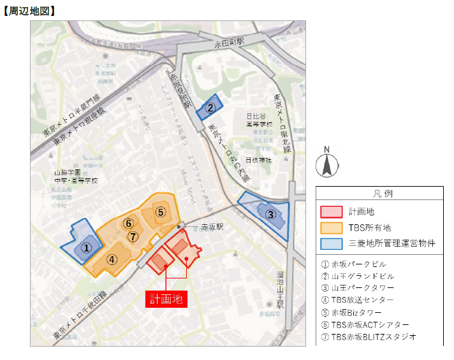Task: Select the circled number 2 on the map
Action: [210, 108]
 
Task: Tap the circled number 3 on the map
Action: [270, 215]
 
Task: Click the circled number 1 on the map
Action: [88, 247]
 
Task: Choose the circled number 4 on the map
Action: [112, 259]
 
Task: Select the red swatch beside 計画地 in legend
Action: [332, 212]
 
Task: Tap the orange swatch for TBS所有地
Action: [332, 227]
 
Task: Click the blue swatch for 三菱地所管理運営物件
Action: [332, 243]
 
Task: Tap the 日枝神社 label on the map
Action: [259, 160]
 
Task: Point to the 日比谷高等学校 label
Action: [260, 120]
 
